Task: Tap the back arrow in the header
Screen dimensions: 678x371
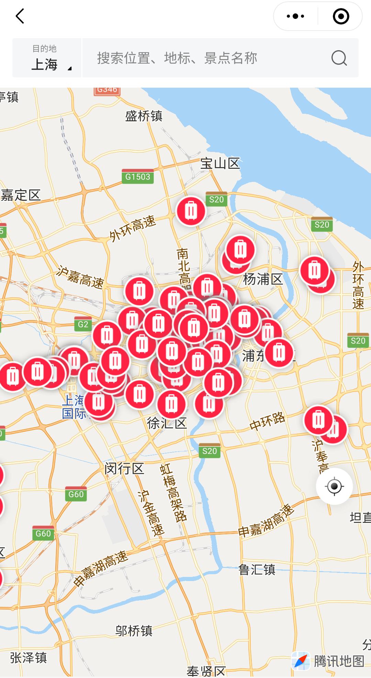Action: pyautogui.click(x=20, y=16)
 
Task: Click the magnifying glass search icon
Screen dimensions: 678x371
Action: pyautogui.click(x=339, y=58)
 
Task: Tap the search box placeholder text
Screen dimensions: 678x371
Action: pyautogui.click(x=177, y=58)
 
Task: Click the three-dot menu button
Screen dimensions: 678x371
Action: pyautogui.click(x=295, y=16)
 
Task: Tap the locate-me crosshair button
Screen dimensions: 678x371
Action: pyautogui.click(x=334, y=486)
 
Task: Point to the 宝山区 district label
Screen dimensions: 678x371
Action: pyautogui.click(x=220, y=163)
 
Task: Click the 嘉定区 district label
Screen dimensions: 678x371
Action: pyautogui.click(x=21, y=195)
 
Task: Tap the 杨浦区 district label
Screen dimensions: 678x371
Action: pyautogui.click(x=263, y=279)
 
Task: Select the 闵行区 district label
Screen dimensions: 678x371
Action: pyautogui.click(x=124, y=468)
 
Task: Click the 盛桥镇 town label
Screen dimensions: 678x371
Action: pyautogui.click(x=144, y=116)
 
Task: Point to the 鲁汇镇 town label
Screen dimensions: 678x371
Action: pyautogui.click(x=257, y=570)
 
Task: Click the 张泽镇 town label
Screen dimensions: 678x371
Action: pyautogui.click(x=28, y=658)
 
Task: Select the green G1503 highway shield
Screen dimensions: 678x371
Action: pyautogui.click(x=138, y=177)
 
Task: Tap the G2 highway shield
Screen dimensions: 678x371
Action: pyautogui.click(x=83, y=324)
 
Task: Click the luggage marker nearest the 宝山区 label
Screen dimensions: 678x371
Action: pyautogui.click(x=191, y=211)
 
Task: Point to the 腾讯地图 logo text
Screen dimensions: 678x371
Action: pyautogui.click(x=338, y=661)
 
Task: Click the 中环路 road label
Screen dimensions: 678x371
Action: pyautogui.click(x=267, y=421)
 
